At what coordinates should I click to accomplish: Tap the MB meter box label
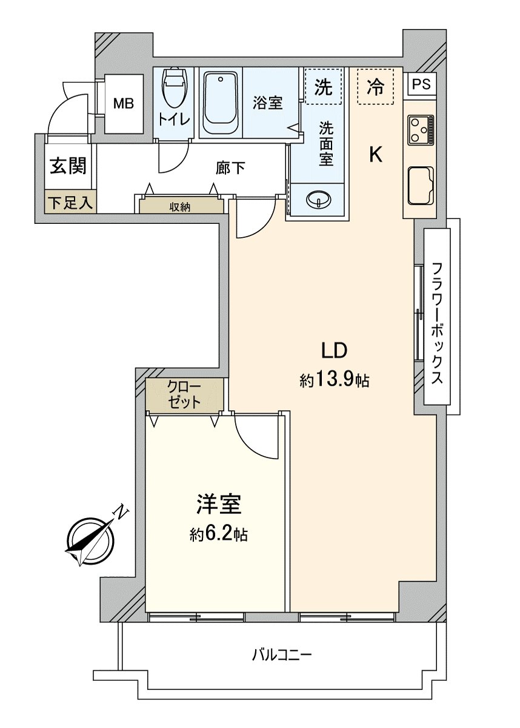click(x=124, y=104)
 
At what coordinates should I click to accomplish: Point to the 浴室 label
click(x=268, y=103)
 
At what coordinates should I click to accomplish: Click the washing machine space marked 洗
click(x=324, y=87)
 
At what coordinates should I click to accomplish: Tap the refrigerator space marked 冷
click(x=376, y=87)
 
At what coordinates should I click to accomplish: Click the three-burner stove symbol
click(x=420, y=130)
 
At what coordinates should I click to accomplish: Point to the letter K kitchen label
click(x=376, y=156)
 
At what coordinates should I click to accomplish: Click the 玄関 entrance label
click(x=67, y=166)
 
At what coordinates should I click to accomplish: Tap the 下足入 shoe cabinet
click(x=70, y=203)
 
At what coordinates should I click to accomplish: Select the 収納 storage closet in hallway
click(x=180, y=206)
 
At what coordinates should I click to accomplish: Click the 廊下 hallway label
click(x=230, y=168)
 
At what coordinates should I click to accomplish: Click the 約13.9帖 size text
click(x=334, y=380)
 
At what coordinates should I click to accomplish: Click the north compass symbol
click(x=91, y=540)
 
